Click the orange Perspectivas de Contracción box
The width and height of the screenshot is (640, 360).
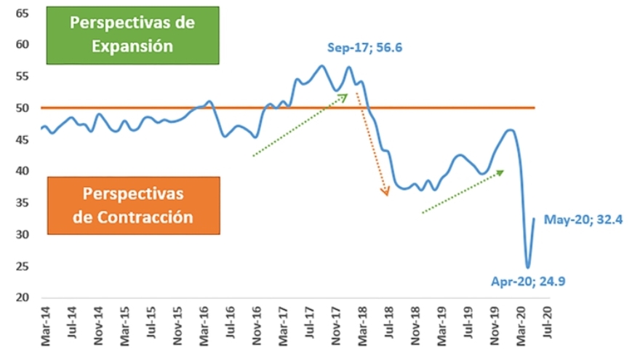point(132,205)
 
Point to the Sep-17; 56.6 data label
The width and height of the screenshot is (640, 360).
point(364,48)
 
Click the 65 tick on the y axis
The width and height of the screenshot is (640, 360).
point(23,13)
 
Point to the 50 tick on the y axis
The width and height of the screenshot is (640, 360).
point(23,108)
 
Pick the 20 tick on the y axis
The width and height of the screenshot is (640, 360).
point(23,298)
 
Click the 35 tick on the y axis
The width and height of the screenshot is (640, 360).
point(23,203)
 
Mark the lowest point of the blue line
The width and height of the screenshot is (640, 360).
point(527,267)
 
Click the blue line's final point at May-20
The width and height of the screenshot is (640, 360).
point(534,219)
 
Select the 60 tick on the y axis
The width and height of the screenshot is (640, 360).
point(23,45)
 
